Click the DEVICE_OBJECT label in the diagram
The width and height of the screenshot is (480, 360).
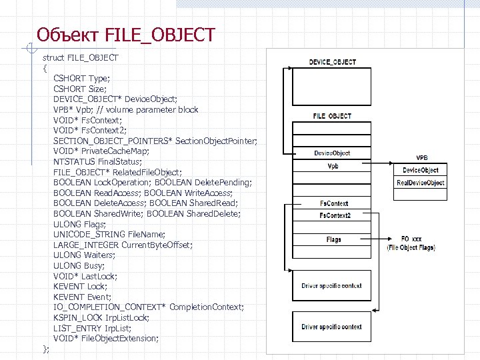332,62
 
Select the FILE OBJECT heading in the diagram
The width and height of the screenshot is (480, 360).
332,116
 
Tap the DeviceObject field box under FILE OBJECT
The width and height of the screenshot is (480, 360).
332,153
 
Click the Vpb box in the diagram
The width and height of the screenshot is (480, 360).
332,166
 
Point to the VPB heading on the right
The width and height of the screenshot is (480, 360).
421,158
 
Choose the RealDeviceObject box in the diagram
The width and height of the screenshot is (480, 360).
421,183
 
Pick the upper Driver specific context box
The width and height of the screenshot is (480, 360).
331,286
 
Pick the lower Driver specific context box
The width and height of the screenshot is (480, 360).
331,327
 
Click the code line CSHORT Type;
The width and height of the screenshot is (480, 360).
81,78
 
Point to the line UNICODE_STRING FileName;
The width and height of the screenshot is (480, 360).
109,234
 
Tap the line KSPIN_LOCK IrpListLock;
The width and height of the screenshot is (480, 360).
101,317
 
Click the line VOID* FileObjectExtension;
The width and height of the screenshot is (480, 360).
106,338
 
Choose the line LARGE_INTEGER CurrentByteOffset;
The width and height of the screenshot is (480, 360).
123,245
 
